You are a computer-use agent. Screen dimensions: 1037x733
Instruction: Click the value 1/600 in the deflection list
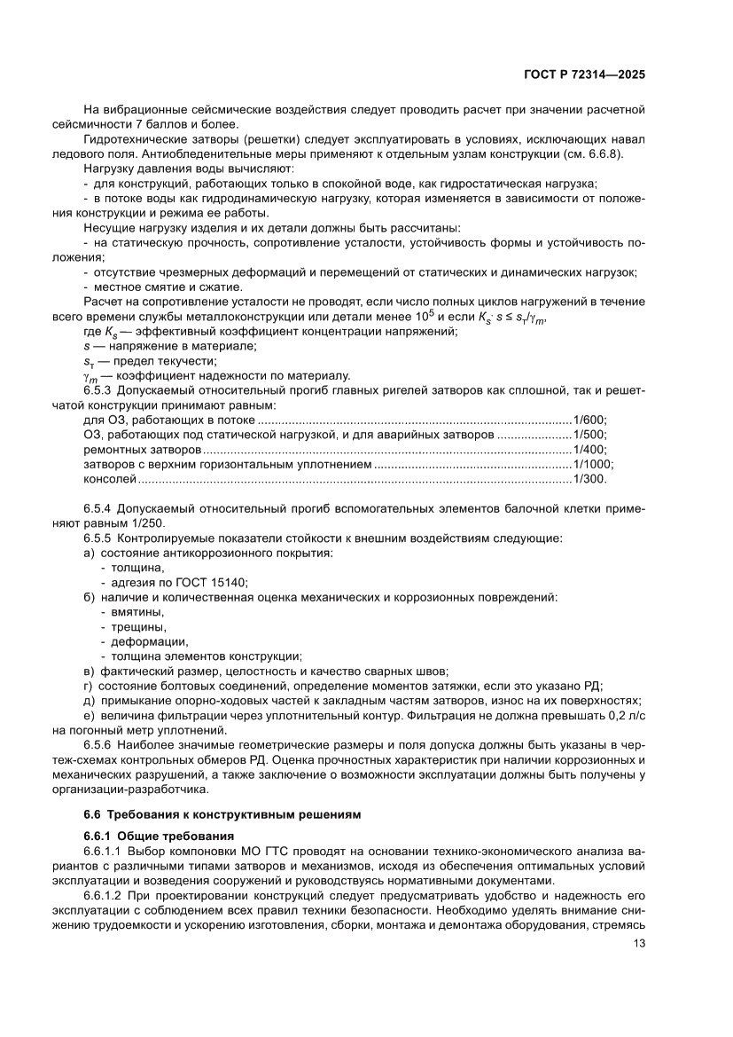[591, 420]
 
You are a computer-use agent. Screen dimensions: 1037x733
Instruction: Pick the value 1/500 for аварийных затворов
[591, 435]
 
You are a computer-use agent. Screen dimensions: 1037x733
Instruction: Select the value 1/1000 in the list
[594, 464]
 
